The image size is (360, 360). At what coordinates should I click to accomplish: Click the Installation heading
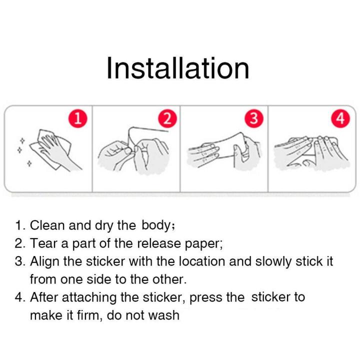tap(178, 68)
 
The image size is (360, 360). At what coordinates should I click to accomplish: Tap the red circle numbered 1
tap(78, 119)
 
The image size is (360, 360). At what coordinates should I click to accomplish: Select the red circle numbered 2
tap(167, 119)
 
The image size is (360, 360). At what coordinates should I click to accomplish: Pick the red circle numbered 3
tap(254, 119)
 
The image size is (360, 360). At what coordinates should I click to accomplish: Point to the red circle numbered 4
tap(340, 119)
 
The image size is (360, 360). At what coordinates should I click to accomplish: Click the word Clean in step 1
tap(47, 225)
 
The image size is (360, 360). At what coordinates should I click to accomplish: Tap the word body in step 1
tap(155, 226)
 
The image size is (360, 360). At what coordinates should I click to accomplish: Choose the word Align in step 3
tap(44, 261)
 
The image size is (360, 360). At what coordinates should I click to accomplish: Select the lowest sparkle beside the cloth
tap(29, 163)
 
